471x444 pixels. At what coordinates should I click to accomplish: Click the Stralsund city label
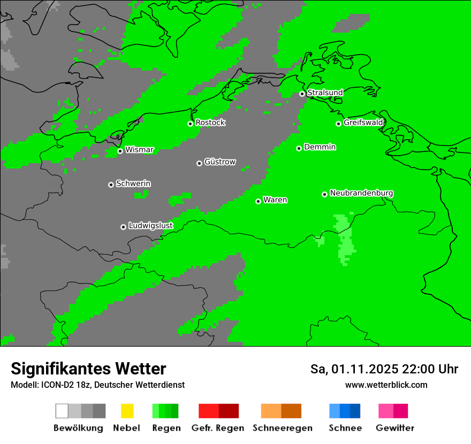click(x=325, y=93)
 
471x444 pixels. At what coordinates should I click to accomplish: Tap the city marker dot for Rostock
click(x=190, y=124)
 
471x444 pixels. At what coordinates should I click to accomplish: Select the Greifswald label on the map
click(x=363, y=123)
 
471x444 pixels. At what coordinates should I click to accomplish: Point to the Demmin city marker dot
click(x=299, y=148)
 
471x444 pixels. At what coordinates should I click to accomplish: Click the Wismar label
click(x=139, y=150)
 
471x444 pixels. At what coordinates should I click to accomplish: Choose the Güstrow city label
click(x=220, y=162)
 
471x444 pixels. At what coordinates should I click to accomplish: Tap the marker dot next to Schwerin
click(x=111, y=185)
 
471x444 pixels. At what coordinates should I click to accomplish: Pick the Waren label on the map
click(x=275, y=200)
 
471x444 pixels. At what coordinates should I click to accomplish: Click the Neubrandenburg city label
click(x=361, y=193)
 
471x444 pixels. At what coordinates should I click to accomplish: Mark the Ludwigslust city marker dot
click(x=123, y=227)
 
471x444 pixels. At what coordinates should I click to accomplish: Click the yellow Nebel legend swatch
click(x=127, y=411)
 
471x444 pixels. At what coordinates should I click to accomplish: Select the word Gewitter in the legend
click(x=395, y=428)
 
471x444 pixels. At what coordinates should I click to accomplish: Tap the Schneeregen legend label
click(x=282, y=428)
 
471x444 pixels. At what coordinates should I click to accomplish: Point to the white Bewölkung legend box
click(x=62, y=411)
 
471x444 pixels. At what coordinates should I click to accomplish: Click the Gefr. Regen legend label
click(x=217, y=428)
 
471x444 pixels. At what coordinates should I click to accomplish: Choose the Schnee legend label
click(x=345, y=428)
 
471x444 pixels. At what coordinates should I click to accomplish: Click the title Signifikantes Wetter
click(x=88, y=369)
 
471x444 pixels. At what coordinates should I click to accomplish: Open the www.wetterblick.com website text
click(x=386, y=385)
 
